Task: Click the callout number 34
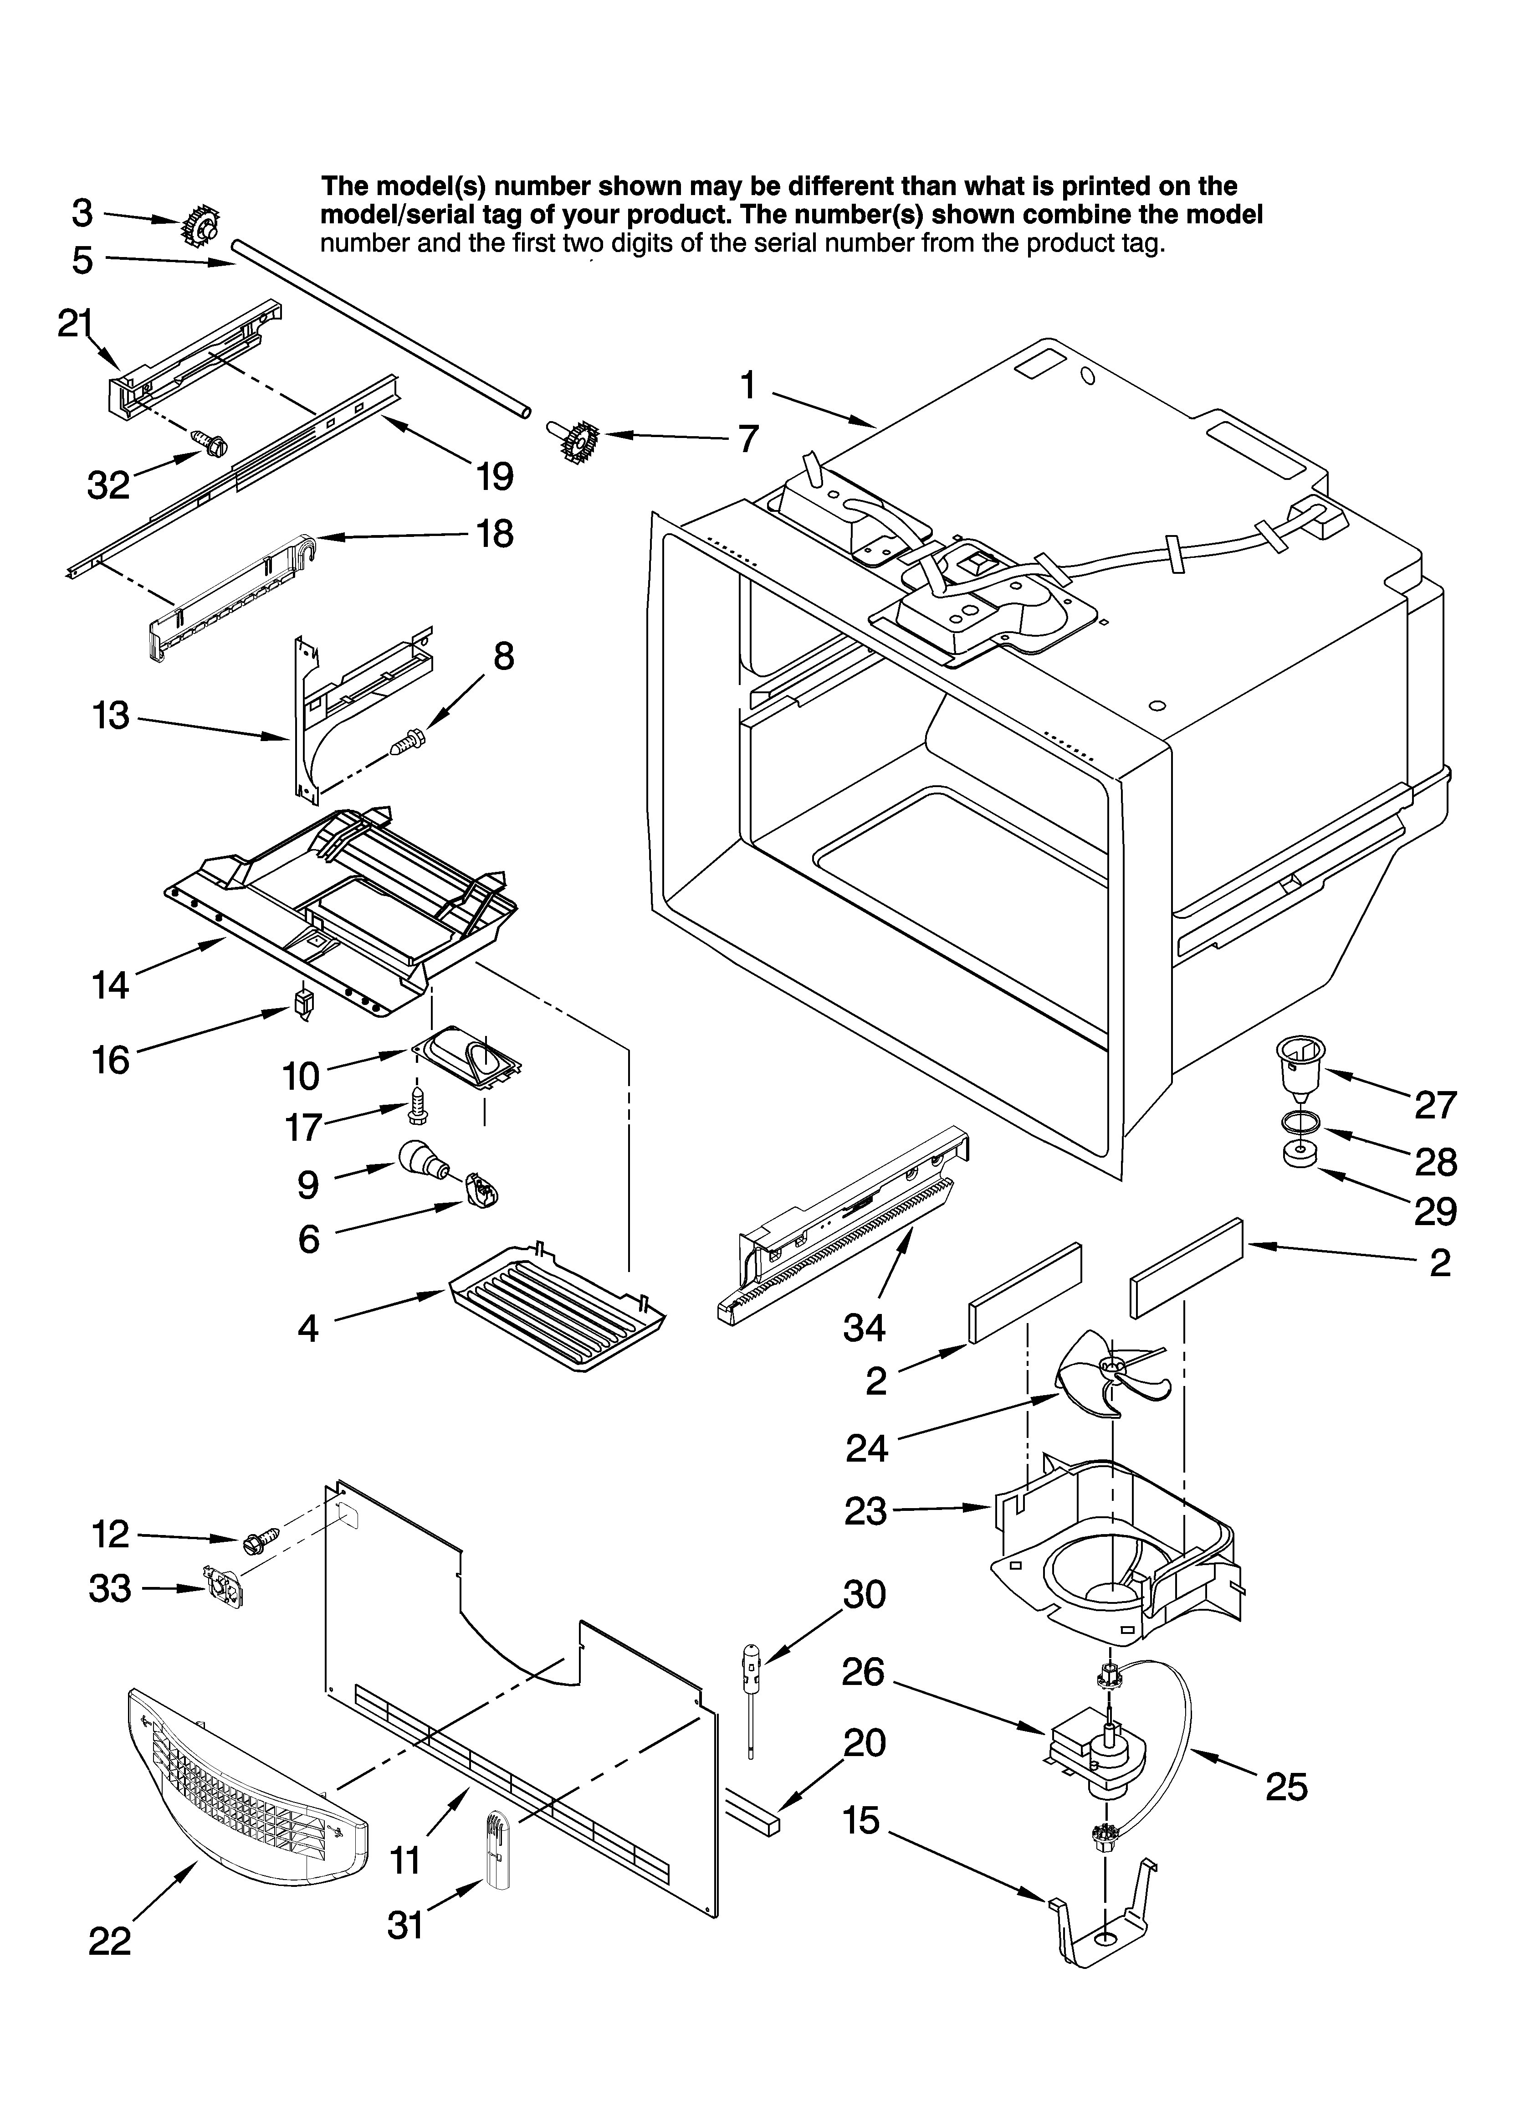[x=864, y=1329]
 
